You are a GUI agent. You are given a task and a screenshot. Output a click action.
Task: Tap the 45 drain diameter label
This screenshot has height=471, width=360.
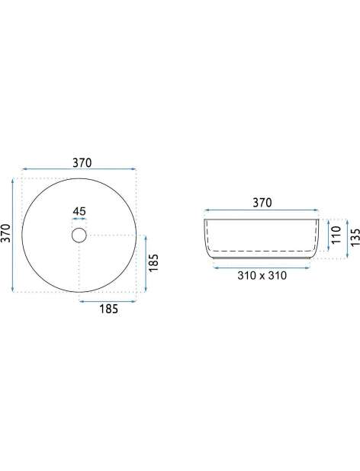pos(79,211)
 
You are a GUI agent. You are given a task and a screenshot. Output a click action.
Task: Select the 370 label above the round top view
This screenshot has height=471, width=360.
pos(82,163)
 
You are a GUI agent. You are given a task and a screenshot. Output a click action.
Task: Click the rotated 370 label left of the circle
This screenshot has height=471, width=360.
pos(7,232)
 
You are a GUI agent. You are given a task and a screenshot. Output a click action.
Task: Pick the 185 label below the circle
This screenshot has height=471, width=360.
pos(109,309)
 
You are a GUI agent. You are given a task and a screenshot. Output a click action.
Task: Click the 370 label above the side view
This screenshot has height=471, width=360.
pos(262,203)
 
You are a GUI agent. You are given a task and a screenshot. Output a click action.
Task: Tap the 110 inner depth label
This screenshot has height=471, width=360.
pos(336,235)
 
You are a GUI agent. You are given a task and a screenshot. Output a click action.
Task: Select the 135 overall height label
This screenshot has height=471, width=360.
pos(355,237)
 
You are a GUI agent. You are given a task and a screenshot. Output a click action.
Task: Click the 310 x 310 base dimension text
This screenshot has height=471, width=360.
pos(262,275)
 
